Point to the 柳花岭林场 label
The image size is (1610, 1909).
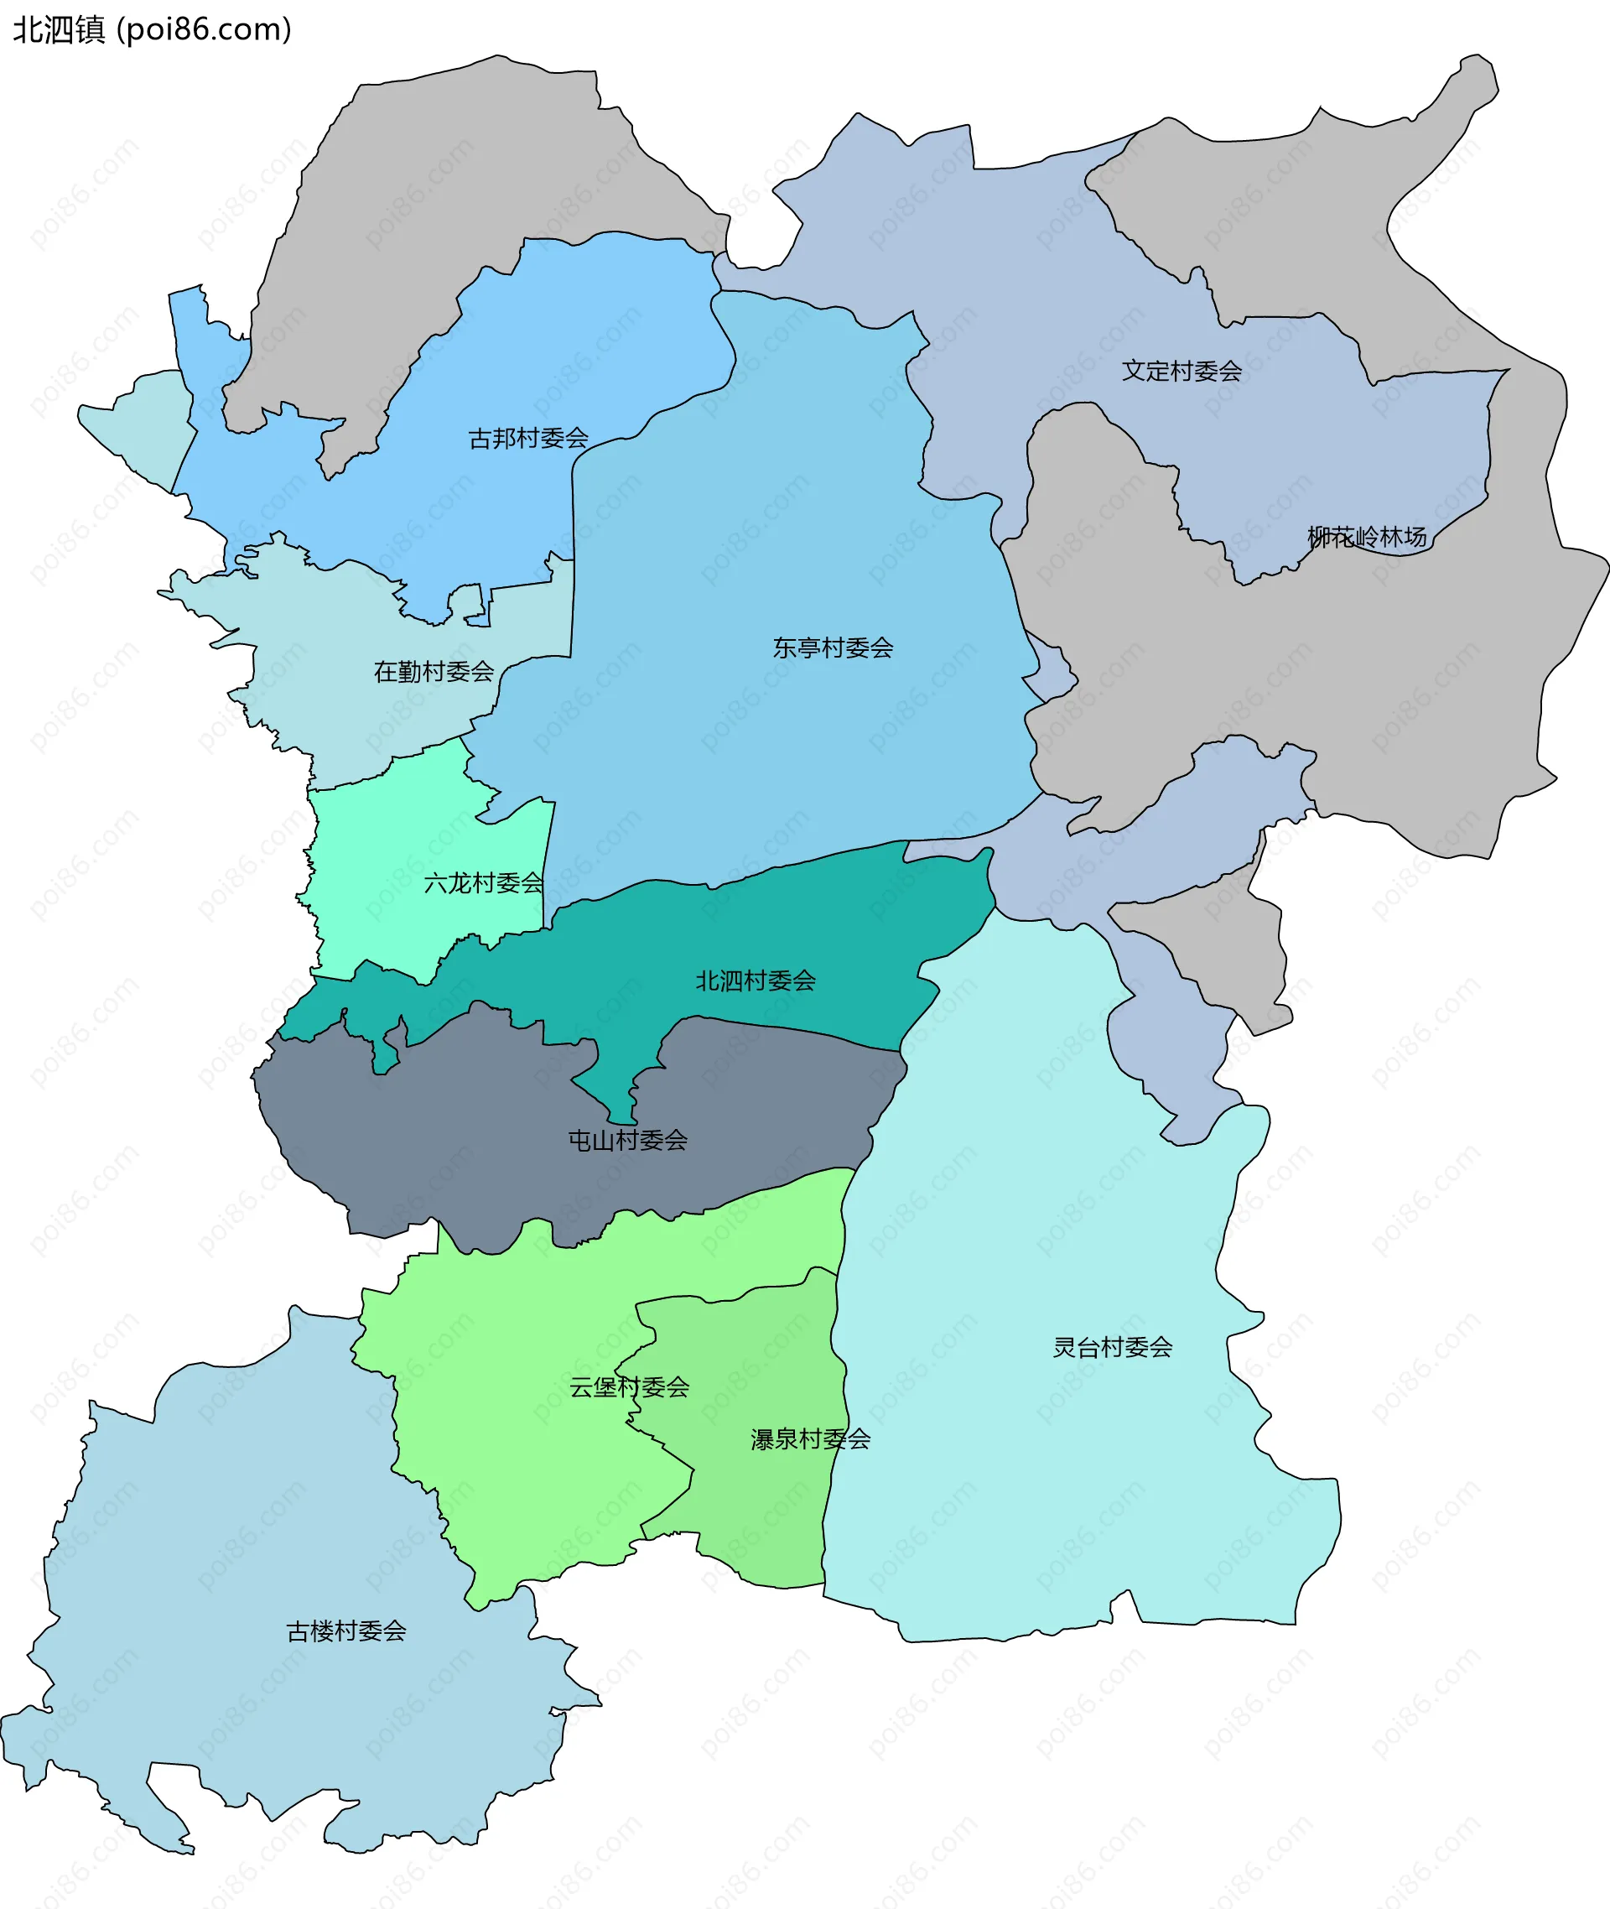click(x=1366, y=537)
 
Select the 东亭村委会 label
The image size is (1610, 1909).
click(x=833, y=648)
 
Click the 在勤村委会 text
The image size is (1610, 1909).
click(x=434, y=672)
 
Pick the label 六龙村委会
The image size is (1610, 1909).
click(x=483, y=883)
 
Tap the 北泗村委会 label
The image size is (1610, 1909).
click(x=755, y=981)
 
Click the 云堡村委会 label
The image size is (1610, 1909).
click(x=629, y=1386)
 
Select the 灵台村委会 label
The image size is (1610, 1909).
click(x=1112, y=1346)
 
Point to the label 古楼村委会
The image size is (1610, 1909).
click(x=346, y=1631)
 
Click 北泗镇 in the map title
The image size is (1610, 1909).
click(x=60, y=30)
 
